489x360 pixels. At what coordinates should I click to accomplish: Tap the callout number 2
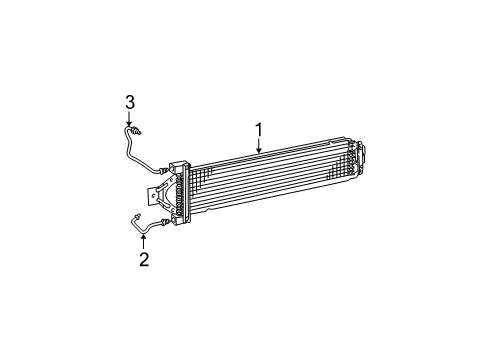(x=144, y=259)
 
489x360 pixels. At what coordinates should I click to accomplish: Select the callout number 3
(x=129, y=100)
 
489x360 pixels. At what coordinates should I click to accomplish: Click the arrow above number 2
(x=144, y=239)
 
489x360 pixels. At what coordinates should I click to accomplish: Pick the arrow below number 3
(x=129, y=119)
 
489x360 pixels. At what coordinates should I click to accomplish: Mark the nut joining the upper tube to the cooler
(x=162, y=171)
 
